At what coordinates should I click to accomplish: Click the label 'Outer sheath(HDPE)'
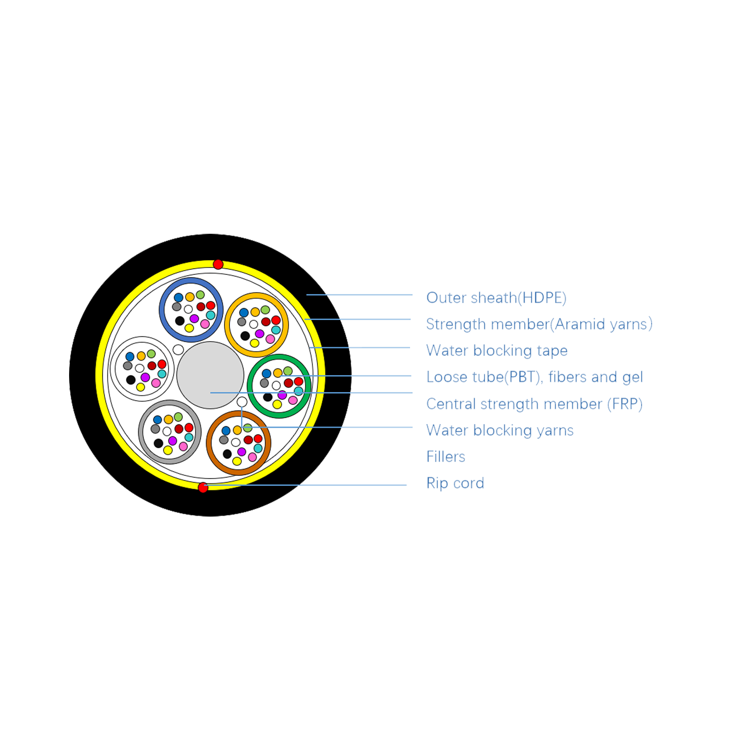pyautogui.click(x=496, y=298)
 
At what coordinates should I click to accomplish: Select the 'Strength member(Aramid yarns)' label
pyautogui.click(x=539, y=324)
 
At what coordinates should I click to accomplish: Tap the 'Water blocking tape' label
pyautogui.click(x=497, y=351)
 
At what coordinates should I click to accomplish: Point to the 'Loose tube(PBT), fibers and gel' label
pyautogui.click(x=535, y=377)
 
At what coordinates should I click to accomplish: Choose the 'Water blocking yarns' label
pyautogui.click(x=500, y=430)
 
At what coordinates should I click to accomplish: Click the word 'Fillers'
pyautogui.click(x=446, y=457)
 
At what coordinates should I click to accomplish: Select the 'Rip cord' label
pyautogui.click(x=455, y=483)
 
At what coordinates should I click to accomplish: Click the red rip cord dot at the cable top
pyautogui.click(x=218, y=264)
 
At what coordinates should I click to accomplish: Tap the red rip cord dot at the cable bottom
pyautogui.click(x=203, y=487)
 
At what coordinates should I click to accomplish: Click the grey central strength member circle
pyautogui.click(x=210, y=375)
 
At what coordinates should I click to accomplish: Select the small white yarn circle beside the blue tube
pyautogui.click(x=178, y=350)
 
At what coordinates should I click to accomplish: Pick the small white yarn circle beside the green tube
pyautogui.click(x=242, y=402)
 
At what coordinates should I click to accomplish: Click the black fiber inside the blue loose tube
pyautogui.click(x=180, y=321)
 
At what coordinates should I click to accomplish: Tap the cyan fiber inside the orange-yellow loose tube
pyautogui.click(x=276, y=330)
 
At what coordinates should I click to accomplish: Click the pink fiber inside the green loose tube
pyautogui.click(x=293, y=400)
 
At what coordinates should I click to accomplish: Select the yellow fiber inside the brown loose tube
pyautogui.click(x=237, y=461)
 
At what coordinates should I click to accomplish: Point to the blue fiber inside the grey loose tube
pyautogui.click(x=158, y=420)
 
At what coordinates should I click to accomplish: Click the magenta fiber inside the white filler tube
pyautogui.click(x=145, y=377)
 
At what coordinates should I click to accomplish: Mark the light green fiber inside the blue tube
pyautogui.click(x=200, y=295)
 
